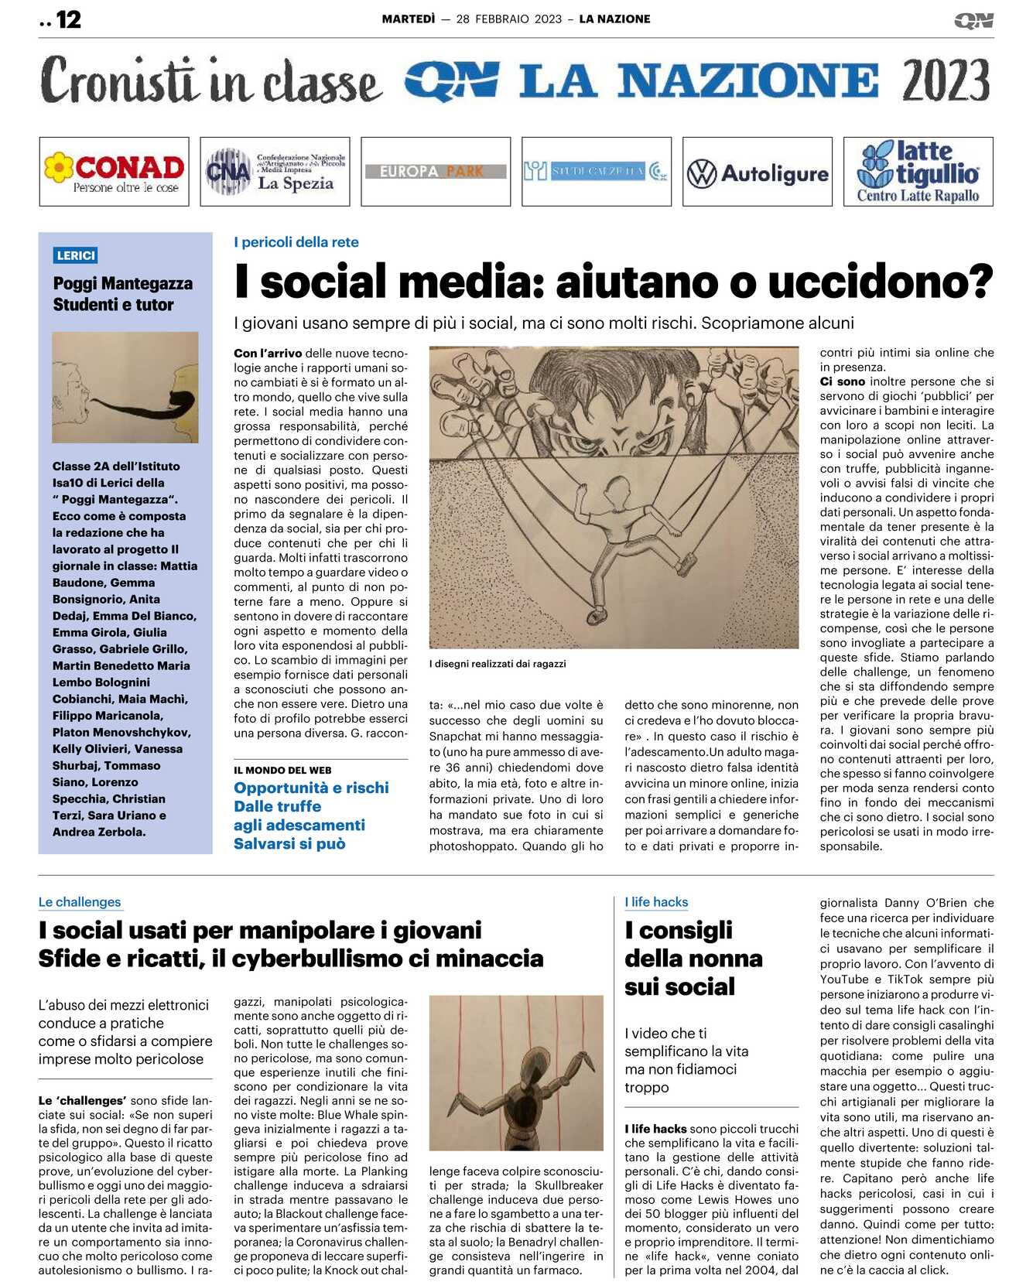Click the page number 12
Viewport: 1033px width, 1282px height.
tap(68, 19)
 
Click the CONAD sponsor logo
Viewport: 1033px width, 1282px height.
tap(114, 172)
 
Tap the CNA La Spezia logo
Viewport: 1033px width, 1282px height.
tap(275, 172)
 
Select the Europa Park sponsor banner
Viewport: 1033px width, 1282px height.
tap(436, 171)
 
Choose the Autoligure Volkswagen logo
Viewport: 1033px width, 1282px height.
tap(757, 173)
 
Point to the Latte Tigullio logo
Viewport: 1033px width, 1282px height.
tap(918, 172)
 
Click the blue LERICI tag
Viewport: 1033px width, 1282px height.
tap(76, 255)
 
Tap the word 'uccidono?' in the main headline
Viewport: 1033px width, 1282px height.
tap(880, 282)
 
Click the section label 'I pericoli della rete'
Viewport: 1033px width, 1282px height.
tap(296, 242)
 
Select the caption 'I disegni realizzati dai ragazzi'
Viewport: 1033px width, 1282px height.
tap(498, 664)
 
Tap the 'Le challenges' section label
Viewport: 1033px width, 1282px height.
tap(80, 902)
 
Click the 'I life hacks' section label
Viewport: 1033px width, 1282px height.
tap(656, 902)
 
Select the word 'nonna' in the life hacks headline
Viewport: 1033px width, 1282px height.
tap(725, 959)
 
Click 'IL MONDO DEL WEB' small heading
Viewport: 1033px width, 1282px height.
tap(282, 770)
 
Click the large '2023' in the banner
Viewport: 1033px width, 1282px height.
tap(945, 80)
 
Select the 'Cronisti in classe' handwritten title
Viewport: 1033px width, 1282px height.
tap(210, 80)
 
